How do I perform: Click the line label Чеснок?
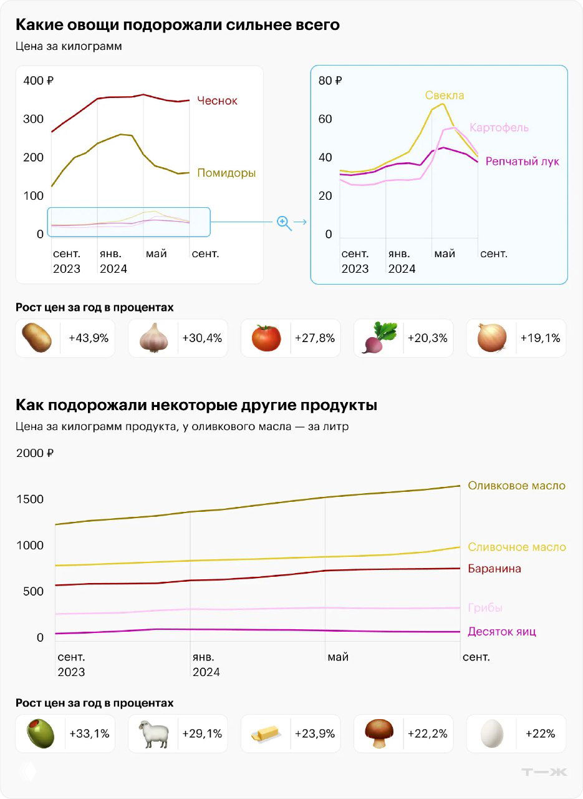[217, 100]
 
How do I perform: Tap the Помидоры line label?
[226, 173]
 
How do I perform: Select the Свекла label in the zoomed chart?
[445, 96]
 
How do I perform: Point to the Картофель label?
[499, 127]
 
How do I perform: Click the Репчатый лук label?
[522, 162]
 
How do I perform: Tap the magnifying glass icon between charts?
[284, 223]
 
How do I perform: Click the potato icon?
[37, 338]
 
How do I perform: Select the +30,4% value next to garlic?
[202, 338]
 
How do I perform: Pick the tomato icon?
[266, 338]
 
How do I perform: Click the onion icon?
[491, 338]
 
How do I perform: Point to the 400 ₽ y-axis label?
[38, 81]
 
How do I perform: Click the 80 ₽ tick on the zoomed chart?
[330, 81]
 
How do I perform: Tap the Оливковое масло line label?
[517, 486]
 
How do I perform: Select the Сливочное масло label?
[517, 547]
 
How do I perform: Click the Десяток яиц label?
[502, 632]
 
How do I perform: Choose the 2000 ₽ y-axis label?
[35, 453]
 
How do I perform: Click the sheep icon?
[153, 734]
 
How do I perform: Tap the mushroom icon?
[379, 733]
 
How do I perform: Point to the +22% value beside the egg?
[540, 734]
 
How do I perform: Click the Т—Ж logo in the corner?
[544, 772]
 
